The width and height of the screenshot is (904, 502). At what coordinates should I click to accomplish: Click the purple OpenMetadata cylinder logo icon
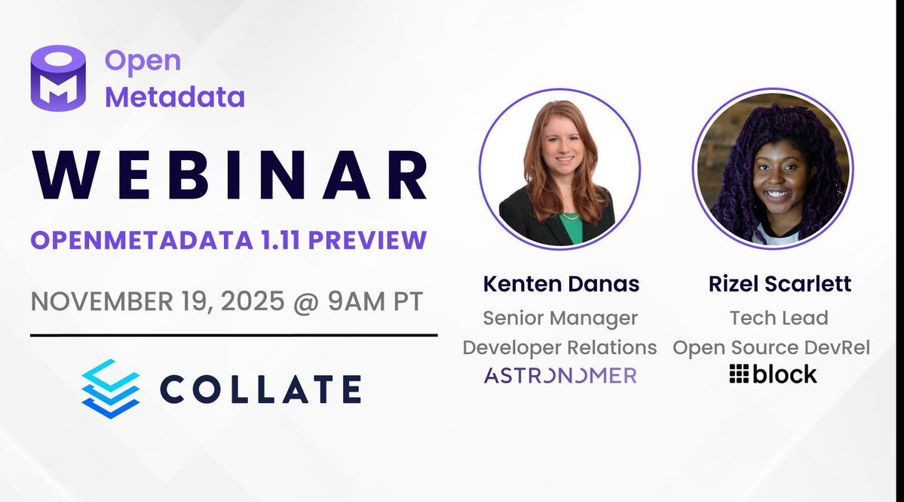(x=58, y=79)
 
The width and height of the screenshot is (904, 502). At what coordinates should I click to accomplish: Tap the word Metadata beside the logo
(x=174, y=97)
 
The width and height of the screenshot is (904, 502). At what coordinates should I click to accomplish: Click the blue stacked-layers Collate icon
(x=110, y=389)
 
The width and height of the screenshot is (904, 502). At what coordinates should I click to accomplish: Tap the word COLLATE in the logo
(x=260, y=389)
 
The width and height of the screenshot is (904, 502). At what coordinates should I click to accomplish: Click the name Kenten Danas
(x=561, y=284)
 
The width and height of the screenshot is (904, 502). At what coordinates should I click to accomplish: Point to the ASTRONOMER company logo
(x=560, y=375)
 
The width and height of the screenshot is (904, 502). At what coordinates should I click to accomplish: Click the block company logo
(x=773, y=374)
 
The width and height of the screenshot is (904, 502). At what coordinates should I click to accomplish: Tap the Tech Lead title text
(x=778, y=318)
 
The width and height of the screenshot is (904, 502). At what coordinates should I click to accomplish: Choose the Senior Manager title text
(x=560, y=318)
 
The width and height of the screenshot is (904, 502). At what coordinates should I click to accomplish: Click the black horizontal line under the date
(x=234, y=334)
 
